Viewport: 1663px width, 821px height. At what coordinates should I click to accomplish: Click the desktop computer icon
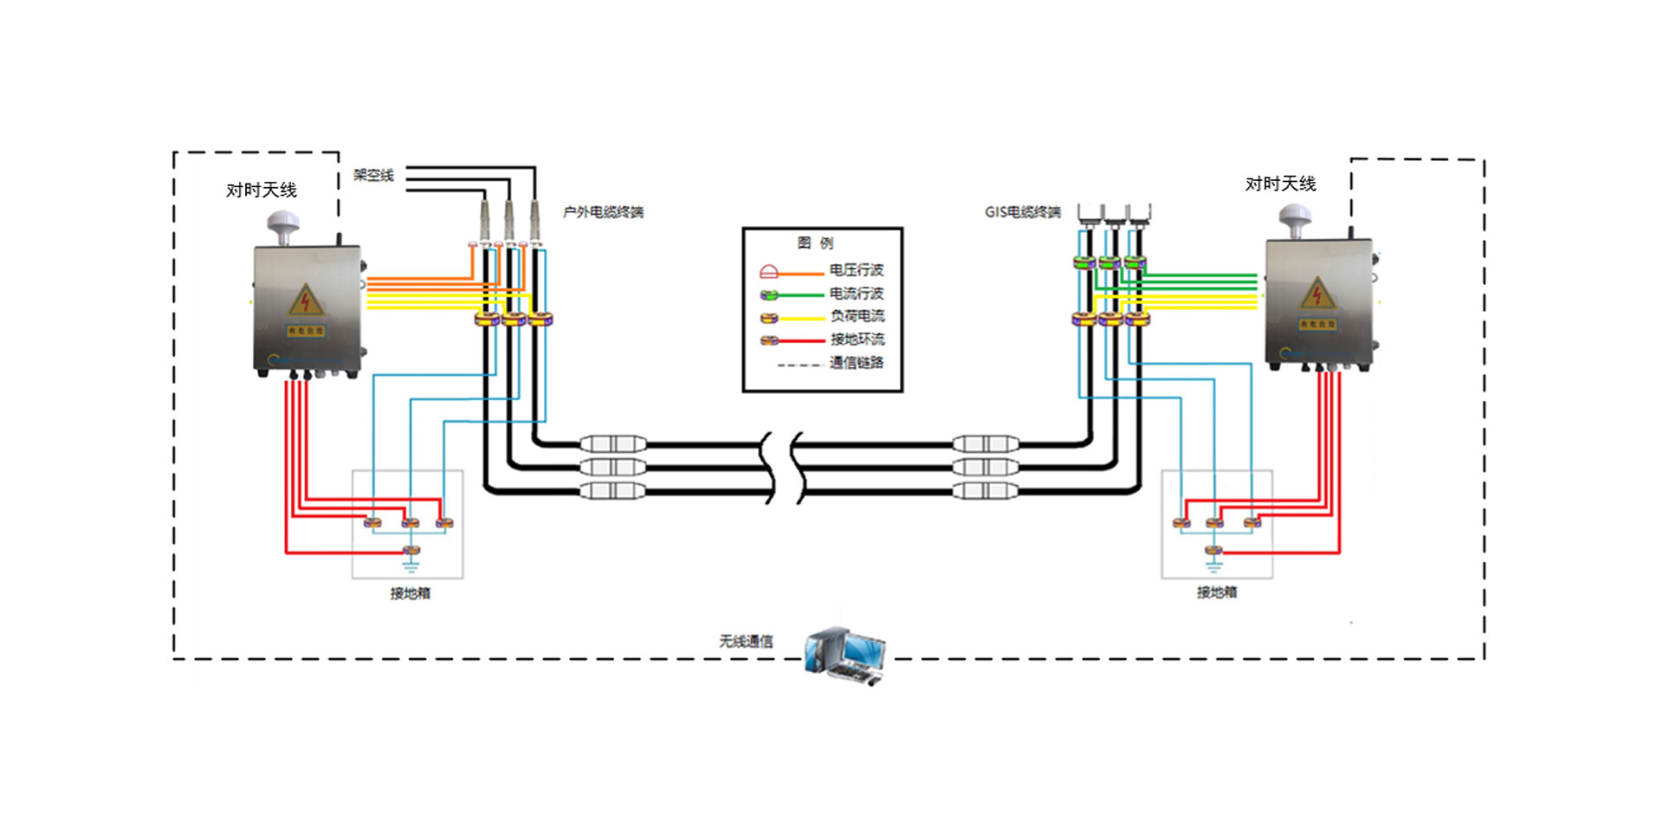(844, 656)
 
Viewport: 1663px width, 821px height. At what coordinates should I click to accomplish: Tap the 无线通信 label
(746, 641)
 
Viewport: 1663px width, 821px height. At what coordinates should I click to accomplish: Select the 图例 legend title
(815, 242)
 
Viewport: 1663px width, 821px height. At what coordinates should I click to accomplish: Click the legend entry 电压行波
(856, 270)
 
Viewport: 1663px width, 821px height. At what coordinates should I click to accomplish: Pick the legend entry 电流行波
(856, 294)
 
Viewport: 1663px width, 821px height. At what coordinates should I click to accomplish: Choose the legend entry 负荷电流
(857, 316)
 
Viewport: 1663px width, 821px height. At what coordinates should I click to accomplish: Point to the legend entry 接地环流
(857, 339)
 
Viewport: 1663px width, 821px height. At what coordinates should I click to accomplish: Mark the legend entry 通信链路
(856, 362)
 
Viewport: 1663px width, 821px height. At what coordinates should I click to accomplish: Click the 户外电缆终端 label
(603, 212)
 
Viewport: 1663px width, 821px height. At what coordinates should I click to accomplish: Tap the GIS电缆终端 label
(1022, 212)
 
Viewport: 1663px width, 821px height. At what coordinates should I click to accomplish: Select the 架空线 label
(373, 175)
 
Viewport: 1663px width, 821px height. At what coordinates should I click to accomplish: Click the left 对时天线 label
(262, 190)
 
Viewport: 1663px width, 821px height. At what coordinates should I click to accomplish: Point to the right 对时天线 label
(1280, 184)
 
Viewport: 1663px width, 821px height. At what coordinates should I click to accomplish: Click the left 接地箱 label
(410, 593)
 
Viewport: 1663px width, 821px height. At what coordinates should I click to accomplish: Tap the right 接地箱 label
(1216, 592)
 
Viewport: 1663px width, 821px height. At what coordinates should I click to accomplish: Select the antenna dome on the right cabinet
(1295, 218)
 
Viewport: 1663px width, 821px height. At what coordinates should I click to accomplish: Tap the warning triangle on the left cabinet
(305, 300)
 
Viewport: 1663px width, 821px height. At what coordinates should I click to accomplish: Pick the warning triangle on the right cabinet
(1317, 294)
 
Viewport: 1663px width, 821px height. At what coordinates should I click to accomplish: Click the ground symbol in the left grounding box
(411, 567)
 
